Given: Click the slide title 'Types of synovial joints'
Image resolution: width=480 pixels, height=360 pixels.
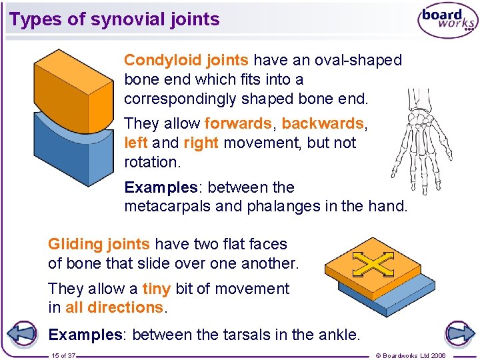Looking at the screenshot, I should tap(115, 19).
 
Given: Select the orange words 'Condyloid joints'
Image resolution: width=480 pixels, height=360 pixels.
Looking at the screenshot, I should tap(186, 61).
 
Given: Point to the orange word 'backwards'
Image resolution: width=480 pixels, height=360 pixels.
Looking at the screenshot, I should tap(323, 124).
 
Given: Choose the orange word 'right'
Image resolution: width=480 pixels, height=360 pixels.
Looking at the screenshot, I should tap(201, 143).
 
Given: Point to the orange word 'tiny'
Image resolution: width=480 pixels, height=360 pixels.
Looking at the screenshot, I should tap(157, 289).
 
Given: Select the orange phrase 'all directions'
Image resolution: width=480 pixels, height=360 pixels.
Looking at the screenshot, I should tap(114, 308).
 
